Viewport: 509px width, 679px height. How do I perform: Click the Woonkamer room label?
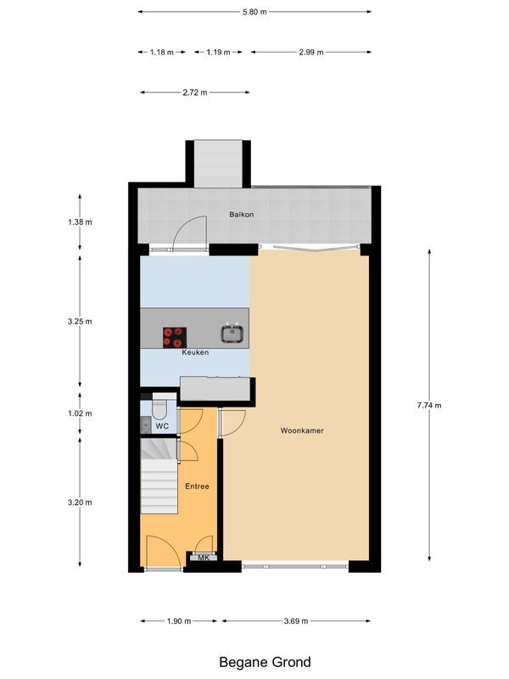(302, 430)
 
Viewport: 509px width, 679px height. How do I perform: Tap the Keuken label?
(194, 352)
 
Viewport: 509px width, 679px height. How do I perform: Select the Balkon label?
(242, 214)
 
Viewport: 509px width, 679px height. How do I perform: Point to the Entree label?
(197, 485)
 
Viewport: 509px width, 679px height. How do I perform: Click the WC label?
(161, 425)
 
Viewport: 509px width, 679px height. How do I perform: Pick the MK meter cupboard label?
(203, 558)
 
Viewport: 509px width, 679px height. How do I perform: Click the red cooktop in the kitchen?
(175, 337)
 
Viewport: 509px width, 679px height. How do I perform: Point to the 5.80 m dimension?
(255, 12)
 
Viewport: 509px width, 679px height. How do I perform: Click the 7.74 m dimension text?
(429, 405)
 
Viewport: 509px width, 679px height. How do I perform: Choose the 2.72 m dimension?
(195, 93)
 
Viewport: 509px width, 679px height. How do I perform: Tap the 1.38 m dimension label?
(80, 222)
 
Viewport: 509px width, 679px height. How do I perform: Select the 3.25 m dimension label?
(80, 322)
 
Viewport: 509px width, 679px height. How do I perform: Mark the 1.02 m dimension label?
(80, 413)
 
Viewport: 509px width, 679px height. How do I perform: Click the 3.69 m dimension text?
(295, 621)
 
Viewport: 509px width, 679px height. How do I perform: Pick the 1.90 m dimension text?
(178, 621)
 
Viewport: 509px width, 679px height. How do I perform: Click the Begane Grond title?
(265, 662)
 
